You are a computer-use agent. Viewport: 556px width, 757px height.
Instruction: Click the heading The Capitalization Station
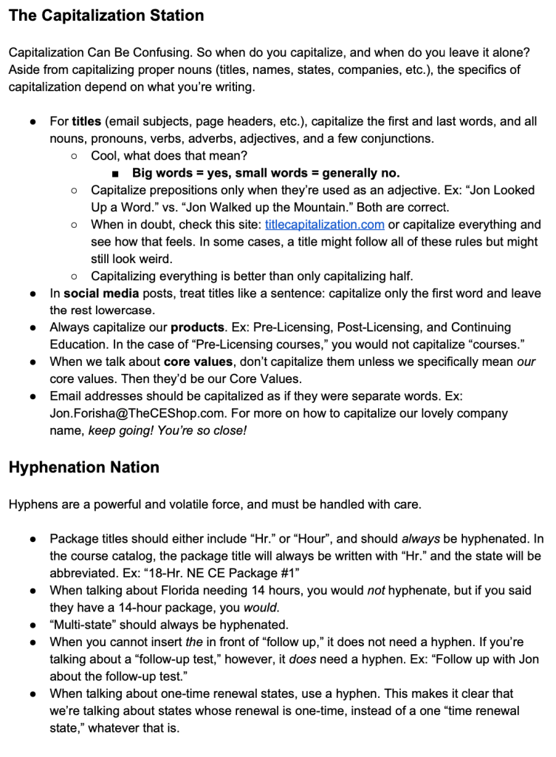point(106,16)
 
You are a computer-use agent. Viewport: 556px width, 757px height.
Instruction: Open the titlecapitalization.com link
point(324,224)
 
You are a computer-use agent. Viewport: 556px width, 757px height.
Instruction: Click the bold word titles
point(86,121)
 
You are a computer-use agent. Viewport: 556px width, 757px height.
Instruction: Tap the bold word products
point(198,327)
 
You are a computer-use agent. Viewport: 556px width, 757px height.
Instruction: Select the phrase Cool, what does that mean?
point(169,156)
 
